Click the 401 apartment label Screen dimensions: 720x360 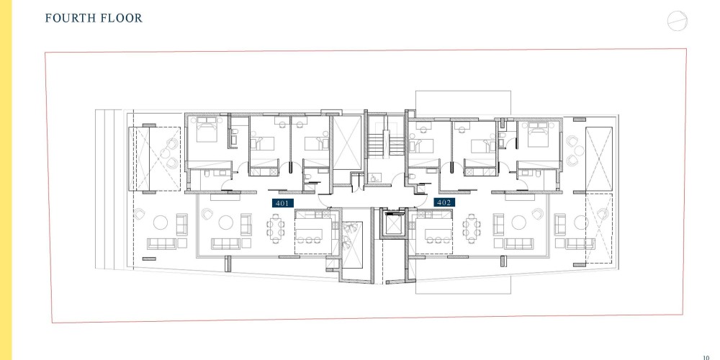pos(282,203)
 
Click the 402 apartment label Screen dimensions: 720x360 pos(444,202)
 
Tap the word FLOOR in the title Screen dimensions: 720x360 pos(120,18)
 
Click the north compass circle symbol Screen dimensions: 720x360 pos(678,21)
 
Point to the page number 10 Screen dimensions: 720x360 pos(706,357)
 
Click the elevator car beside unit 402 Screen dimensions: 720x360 pos(394,224)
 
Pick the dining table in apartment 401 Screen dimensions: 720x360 pos(275,228)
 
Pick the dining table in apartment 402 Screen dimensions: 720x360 pos(472,228)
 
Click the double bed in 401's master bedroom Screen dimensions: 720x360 pos(207,130)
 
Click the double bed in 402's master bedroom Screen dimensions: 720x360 pos(538,134)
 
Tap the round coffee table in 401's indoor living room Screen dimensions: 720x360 pos(225,222)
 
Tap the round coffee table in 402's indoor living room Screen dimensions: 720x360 pos(518,222)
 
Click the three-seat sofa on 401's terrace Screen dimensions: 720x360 pos(161,244)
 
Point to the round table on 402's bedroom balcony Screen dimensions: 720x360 pos(579,150)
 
